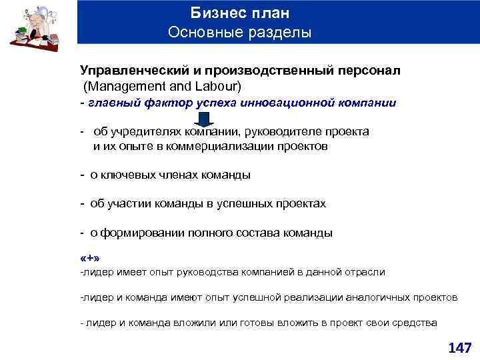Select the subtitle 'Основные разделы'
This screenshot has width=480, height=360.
click(x=239, y=32)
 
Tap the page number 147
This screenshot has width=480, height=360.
click(x=459, y=347)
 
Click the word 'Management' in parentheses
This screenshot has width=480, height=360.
click(x=121, y=87)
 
